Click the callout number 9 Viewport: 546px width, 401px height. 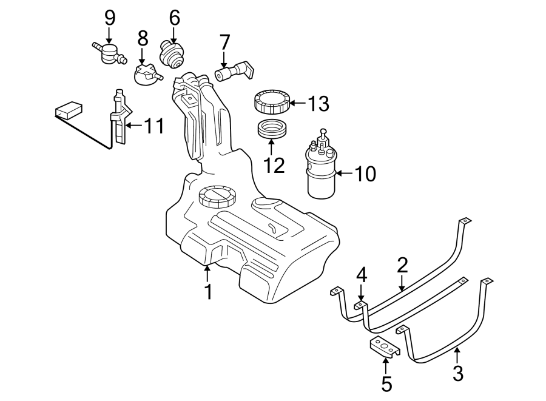click(x=110, y=18)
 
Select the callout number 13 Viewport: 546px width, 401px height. click(x=318, y=104)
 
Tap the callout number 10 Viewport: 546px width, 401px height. click(x=365, y=174)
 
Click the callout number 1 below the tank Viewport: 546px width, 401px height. click(x=208, y=292)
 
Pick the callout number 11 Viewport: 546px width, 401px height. click(x=155, y=126)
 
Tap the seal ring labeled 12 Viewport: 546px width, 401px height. click(x=271, y=129)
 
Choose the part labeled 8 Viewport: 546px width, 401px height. click(x=147, y=75)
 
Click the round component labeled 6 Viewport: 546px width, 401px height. click(x=173, y=54)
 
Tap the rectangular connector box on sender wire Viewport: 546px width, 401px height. click(x=68, y=110)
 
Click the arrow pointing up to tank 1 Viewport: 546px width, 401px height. click(x=208, y=273)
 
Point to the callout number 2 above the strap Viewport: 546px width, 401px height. click(x=402, y=265)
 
